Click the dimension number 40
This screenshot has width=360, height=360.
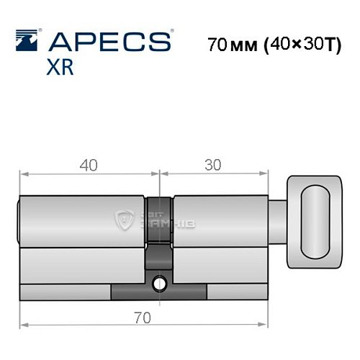pos(89,164)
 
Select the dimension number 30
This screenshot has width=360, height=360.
pos(212,164)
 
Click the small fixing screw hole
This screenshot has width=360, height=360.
pos(160,283)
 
